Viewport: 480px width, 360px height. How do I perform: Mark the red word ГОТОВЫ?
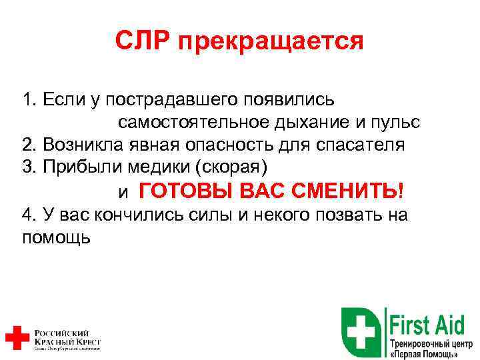(178, 191)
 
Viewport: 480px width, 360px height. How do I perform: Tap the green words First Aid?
(432, 325)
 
